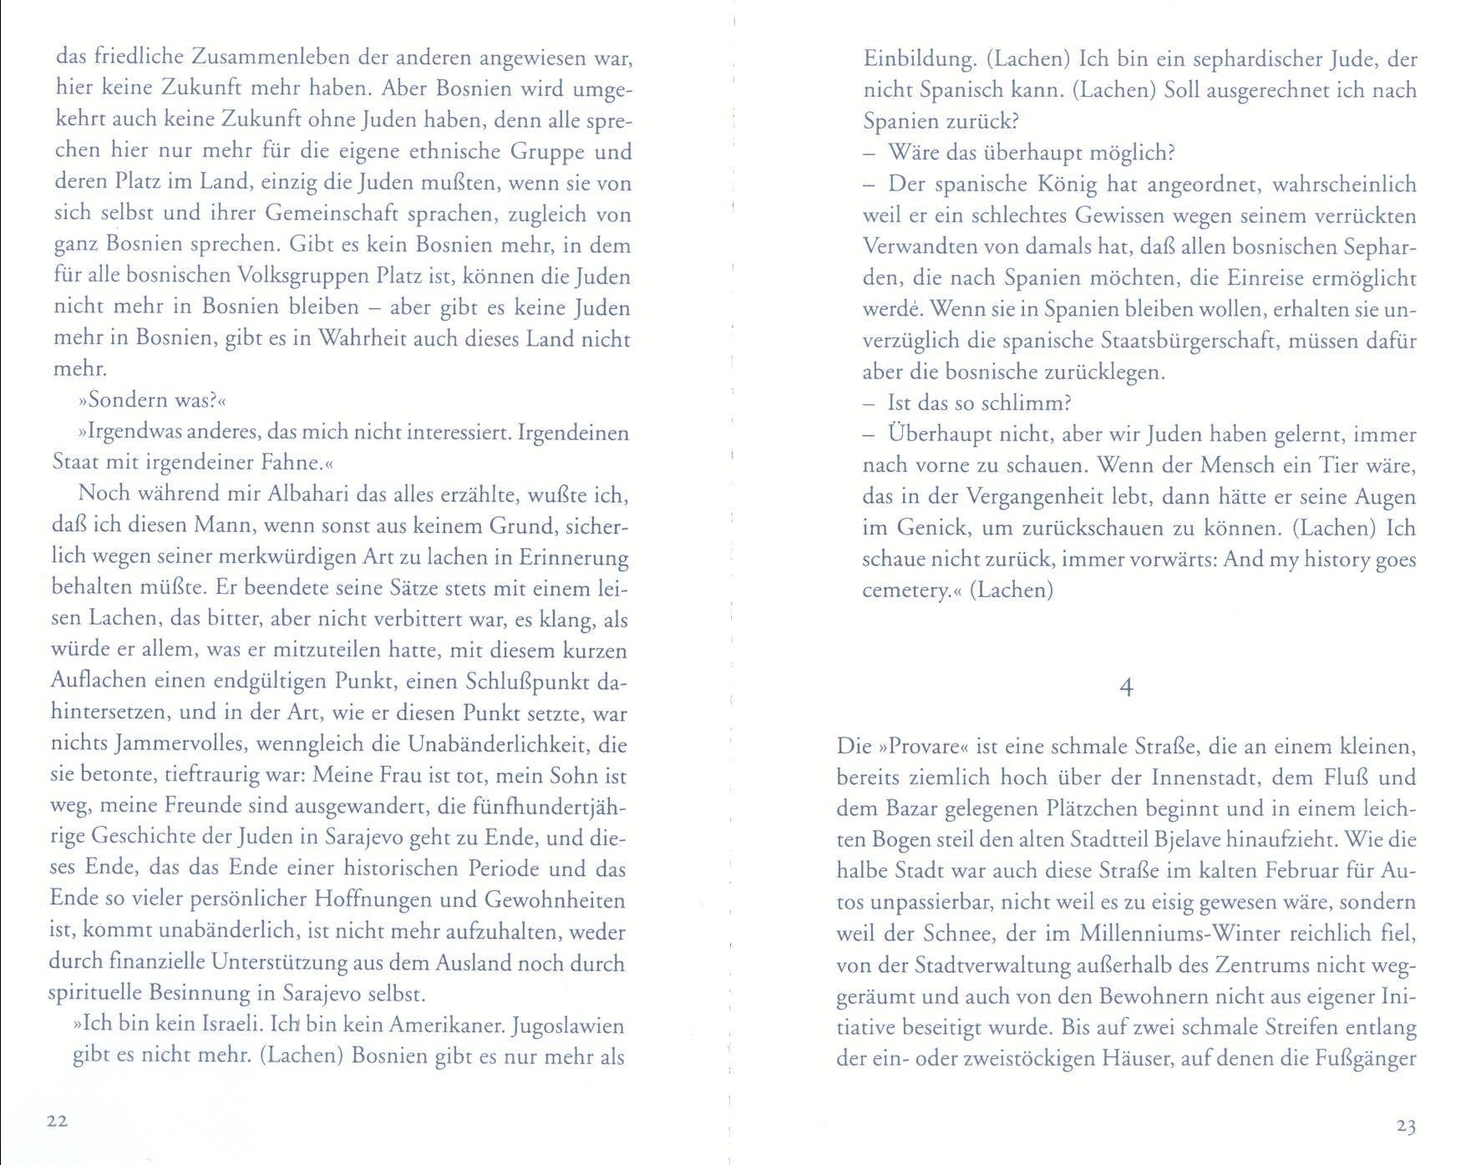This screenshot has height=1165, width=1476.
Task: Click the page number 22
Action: (x=57, y=1122)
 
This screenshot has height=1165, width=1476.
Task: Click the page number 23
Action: (x=1406, y=1127)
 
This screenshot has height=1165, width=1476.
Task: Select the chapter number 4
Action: (x=1126, y=688)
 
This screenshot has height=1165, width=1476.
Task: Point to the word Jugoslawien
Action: (x=568, y=1025)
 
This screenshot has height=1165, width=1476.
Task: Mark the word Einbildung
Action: (x=917, y=60)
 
